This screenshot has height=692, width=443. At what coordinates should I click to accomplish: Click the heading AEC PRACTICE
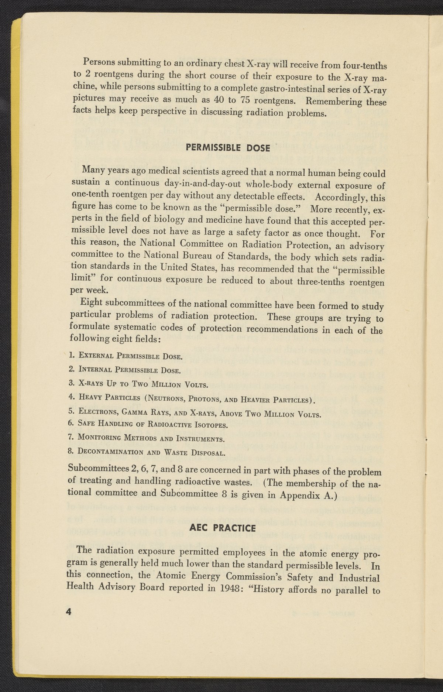click(222, 528)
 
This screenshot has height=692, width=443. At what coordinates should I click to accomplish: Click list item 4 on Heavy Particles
click(192, 399)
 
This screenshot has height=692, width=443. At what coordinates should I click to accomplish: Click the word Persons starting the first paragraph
click(97, 61)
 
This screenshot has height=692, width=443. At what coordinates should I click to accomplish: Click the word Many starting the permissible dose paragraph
click(93, 170)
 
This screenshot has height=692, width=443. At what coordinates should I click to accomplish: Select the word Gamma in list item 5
click(138, 411)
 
